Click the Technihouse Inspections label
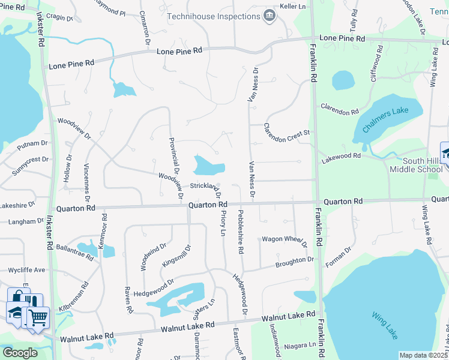pyautogui.click(x=213, y=16)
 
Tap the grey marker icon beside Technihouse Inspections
pyautogui.click(x=269, y=15)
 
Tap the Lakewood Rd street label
pyautogui.click(x=341, y=155)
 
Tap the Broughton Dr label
pyautogui.click(x=295, y=262)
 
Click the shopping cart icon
pyautogui.click(x=38, y=317)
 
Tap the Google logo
pyautogui.click(x=20, y=352)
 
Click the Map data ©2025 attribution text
pyautogui.click(x=423, y=355)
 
